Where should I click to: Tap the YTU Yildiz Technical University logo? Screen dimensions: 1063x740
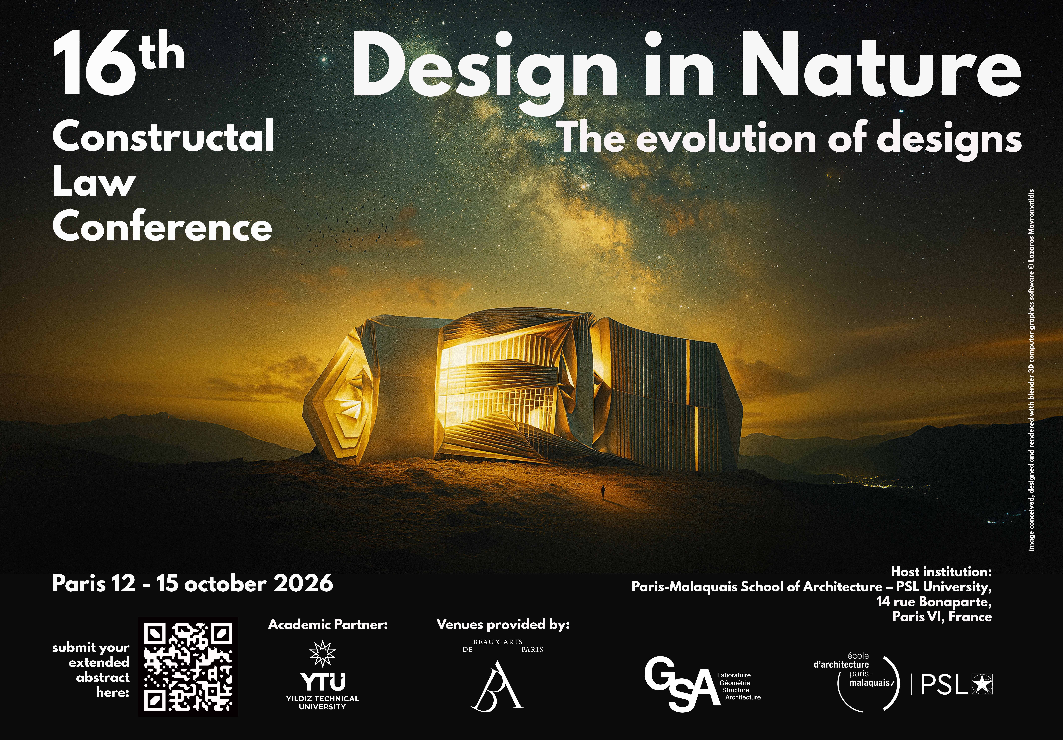click(x=323, y=675)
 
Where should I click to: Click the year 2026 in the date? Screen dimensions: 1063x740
click(x=303, y=583)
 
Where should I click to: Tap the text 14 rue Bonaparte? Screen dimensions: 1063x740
click(x=934, y=602)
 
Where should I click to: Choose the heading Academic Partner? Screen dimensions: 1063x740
click(x=328, y=625)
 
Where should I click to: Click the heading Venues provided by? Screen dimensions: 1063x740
click(x=503, y=625)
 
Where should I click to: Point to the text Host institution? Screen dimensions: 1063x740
click(x=941, y=572)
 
